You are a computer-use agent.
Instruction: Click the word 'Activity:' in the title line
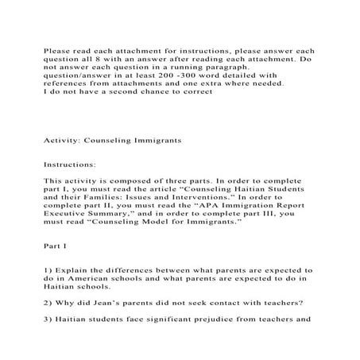pyautogui.click(x=60, y=139)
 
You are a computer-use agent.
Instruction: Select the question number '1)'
pyautogui.click(x=47, y=270)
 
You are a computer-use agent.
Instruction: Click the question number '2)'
pyautogui.click(x=47, y=303)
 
